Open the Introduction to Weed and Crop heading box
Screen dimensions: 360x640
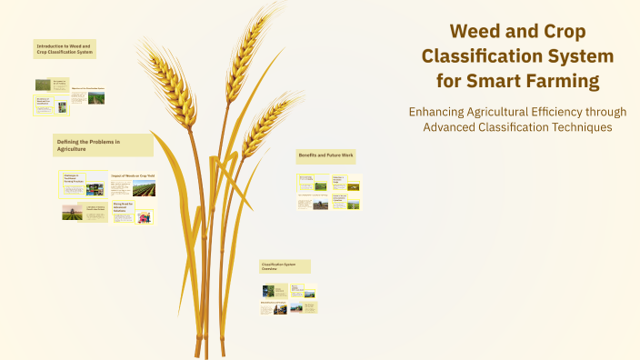(65, 49)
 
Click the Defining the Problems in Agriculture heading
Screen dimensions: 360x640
(103, 145)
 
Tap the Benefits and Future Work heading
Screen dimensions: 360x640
(325, 156)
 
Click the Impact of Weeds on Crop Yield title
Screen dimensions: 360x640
(133, 175)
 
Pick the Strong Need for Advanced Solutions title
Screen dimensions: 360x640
(123, 208)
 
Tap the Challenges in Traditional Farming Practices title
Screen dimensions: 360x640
(73, 179)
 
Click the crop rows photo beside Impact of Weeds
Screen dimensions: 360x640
(144, 189)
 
